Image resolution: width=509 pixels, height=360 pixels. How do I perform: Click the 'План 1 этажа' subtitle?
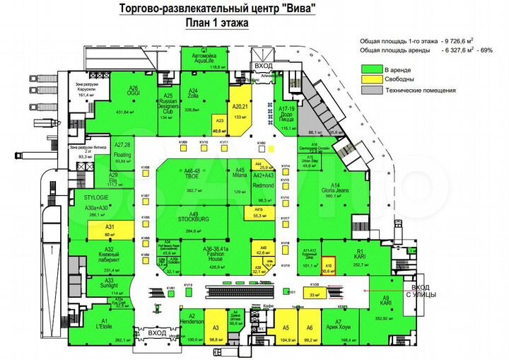[217, 23]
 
